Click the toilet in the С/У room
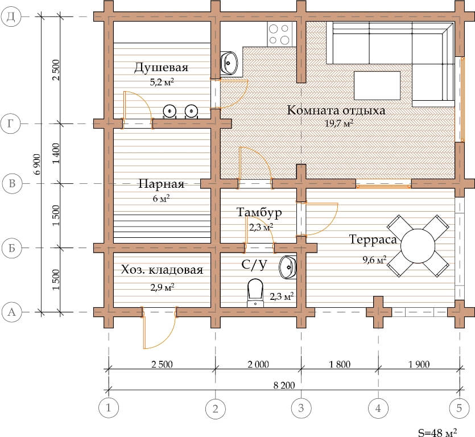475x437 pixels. (x=255, y=292)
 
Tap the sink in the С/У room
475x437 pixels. (x=288, y=267)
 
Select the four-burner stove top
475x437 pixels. (x=279, y=34)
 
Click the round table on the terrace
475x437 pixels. (x=418, y=246)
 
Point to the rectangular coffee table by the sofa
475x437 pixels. (x=377, y=85)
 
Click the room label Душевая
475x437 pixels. (x=161, y=67)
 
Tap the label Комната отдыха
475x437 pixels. (x=336, y=110)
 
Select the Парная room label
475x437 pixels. (x=161, y=184)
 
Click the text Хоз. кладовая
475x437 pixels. (x=162, y=269)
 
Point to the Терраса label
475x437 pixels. (x=373, y=240)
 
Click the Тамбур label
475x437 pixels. (x=259, y=212)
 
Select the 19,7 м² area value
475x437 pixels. (x=339, y=123)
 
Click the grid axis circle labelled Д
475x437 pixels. (x=11, y=17)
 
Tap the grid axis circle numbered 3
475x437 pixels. (x=301, y=408)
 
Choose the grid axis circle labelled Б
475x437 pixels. (x=12, y=248)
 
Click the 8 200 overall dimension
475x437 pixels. (x=284, y=385)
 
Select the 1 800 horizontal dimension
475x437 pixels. (x=340, y=364)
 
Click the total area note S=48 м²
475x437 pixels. (x=437, y=432)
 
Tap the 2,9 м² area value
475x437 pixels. (x=162, y=287)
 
